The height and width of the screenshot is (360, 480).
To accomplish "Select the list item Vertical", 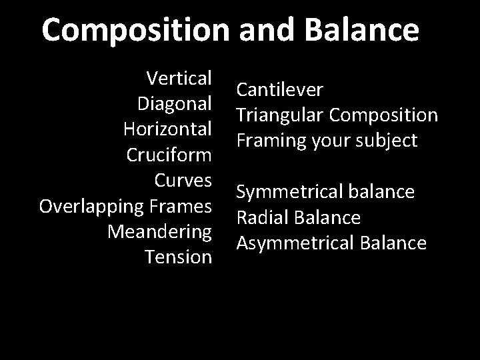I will click(x=179, y=78).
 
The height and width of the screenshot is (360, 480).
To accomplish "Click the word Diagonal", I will click(x=174, y=103).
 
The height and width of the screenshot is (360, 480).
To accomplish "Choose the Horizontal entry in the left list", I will click(x=168, y=129).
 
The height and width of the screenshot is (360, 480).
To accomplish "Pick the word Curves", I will click(x=183, y=179).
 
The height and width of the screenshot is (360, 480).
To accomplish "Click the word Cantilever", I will click(x=280, y=89).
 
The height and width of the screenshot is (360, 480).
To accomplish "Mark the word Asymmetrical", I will click(x=293, y=243).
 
